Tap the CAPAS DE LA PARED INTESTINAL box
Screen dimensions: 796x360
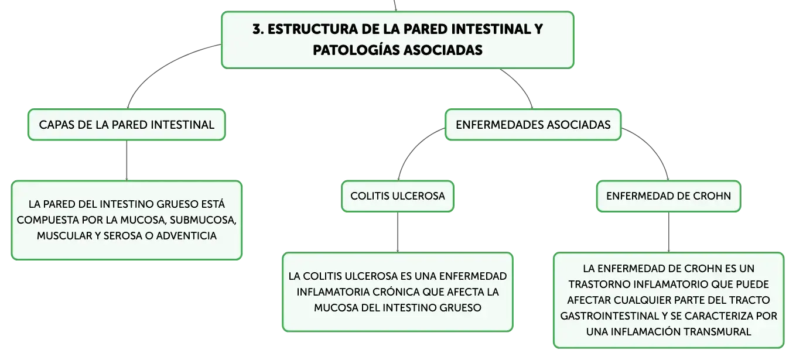127,125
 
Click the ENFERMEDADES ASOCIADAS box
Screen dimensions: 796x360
533,125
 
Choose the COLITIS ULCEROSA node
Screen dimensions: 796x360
398,196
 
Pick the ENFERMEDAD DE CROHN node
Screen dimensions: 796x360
668,196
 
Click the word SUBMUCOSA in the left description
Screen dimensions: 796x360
203,220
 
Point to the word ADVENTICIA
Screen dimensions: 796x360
186,236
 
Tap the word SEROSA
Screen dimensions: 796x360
120,236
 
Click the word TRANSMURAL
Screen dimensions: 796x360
717,331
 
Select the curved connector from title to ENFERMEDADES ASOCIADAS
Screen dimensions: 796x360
522,85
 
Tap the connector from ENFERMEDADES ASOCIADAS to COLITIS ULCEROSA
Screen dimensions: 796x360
414,148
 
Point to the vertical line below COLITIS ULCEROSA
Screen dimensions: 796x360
398,232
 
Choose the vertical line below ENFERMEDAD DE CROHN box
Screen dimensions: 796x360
669,232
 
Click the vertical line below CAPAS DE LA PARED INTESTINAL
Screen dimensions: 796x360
127,160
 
